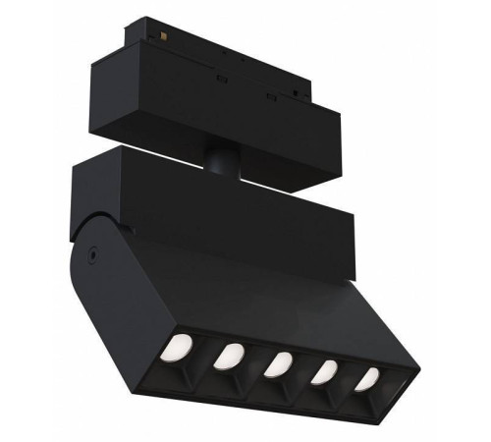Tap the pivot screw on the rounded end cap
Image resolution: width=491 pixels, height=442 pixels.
tap(91, 252)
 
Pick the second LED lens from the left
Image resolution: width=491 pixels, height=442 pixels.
tap(232, 355)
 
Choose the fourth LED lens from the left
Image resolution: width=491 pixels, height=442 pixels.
tap(325, 370)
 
